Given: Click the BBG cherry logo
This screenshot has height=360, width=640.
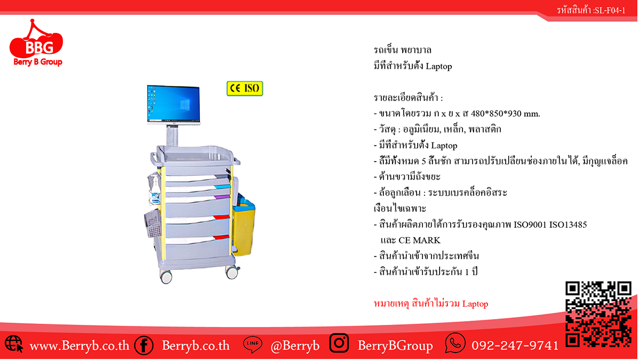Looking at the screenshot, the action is (x=36, y=43).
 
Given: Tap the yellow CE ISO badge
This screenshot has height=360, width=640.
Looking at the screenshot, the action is (x=245, y=89).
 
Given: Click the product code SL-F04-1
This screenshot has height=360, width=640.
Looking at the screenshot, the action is (x=610, y=11).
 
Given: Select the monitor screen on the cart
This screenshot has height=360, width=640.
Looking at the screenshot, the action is (x=173, y=104).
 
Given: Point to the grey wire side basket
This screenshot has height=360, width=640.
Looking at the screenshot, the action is (x=153, y=223).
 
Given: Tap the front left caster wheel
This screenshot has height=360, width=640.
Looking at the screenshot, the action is (x=166, y=276).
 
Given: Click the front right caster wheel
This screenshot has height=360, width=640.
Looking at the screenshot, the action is (x=232, y=272).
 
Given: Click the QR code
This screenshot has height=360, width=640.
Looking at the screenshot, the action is (x=598, y=314).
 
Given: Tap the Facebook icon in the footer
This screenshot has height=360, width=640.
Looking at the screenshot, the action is (x=143, y=346).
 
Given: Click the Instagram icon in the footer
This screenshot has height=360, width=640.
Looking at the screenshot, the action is (x=339, y=343).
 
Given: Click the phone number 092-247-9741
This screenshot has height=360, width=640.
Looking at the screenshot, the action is (x=515, y=346).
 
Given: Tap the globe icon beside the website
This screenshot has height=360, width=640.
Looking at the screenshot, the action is (x=14, y=343).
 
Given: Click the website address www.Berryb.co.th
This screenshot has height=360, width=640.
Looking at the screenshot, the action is (x=79, y=346).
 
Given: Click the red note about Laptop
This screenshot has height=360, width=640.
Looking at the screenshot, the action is (x=431, y=303).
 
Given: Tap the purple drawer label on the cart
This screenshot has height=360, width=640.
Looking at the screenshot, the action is (x=222, y=197).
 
